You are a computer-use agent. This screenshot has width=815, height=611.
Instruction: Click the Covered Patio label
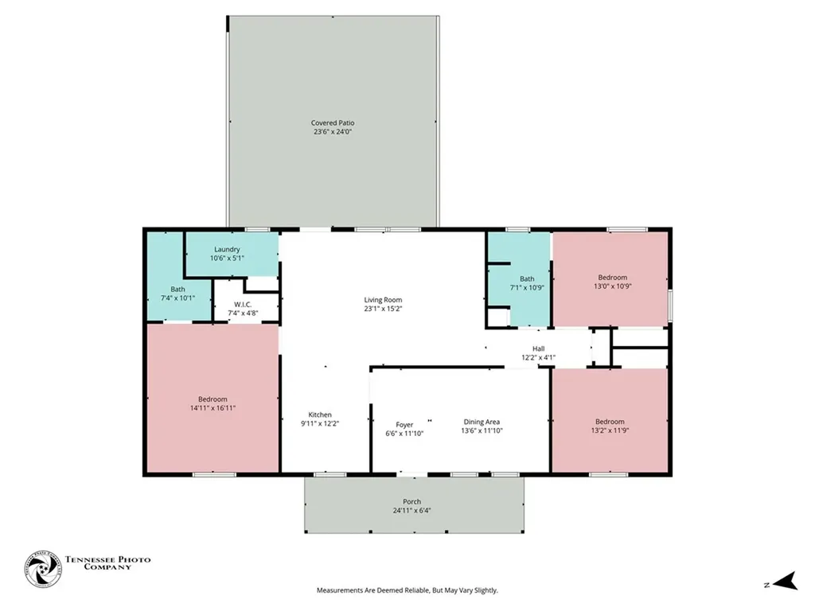point(333,123)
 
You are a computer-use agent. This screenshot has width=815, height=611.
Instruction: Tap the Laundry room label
point(227,249)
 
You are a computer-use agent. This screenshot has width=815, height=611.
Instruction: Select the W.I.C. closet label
point(243,305)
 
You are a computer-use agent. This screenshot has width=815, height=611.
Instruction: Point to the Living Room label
point(383,300)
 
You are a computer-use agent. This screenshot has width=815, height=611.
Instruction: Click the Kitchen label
point(320,414)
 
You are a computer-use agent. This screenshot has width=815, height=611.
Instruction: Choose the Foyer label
point(404,425)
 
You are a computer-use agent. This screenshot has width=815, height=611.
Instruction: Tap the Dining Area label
point(482,422)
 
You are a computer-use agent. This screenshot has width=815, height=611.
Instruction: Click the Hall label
point(539,348)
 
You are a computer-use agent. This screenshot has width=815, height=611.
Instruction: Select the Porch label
point(411,501)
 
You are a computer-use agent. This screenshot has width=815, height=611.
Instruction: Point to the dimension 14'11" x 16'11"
point(213,408)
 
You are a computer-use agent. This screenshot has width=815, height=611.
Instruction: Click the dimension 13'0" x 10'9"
point(613,286)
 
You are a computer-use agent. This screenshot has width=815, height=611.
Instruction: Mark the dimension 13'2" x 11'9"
point(610,430)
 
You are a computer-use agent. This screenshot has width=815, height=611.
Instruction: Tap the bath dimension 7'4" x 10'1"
point(177,298)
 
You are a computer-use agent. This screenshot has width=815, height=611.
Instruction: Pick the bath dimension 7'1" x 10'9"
point(527,287)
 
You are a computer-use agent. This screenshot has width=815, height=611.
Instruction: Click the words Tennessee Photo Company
point(107,563)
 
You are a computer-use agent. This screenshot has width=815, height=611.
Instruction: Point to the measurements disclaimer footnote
point(407,590)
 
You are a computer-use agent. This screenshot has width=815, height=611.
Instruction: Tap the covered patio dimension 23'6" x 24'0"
point(333,132)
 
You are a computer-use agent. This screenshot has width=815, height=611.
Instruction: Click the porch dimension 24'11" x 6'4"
point(411,510)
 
